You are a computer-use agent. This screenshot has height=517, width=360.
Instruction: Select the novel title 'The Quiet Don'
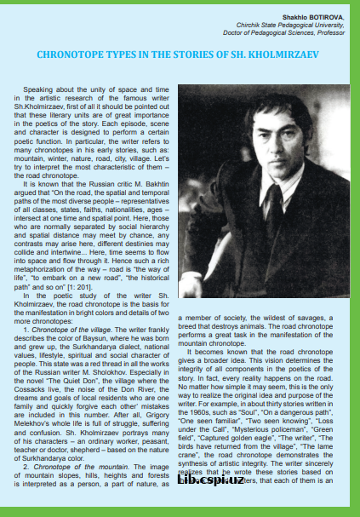coord(83,399)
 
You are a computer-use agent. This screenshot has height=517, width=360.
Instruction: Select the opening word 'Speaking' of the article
coord(40,89)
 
